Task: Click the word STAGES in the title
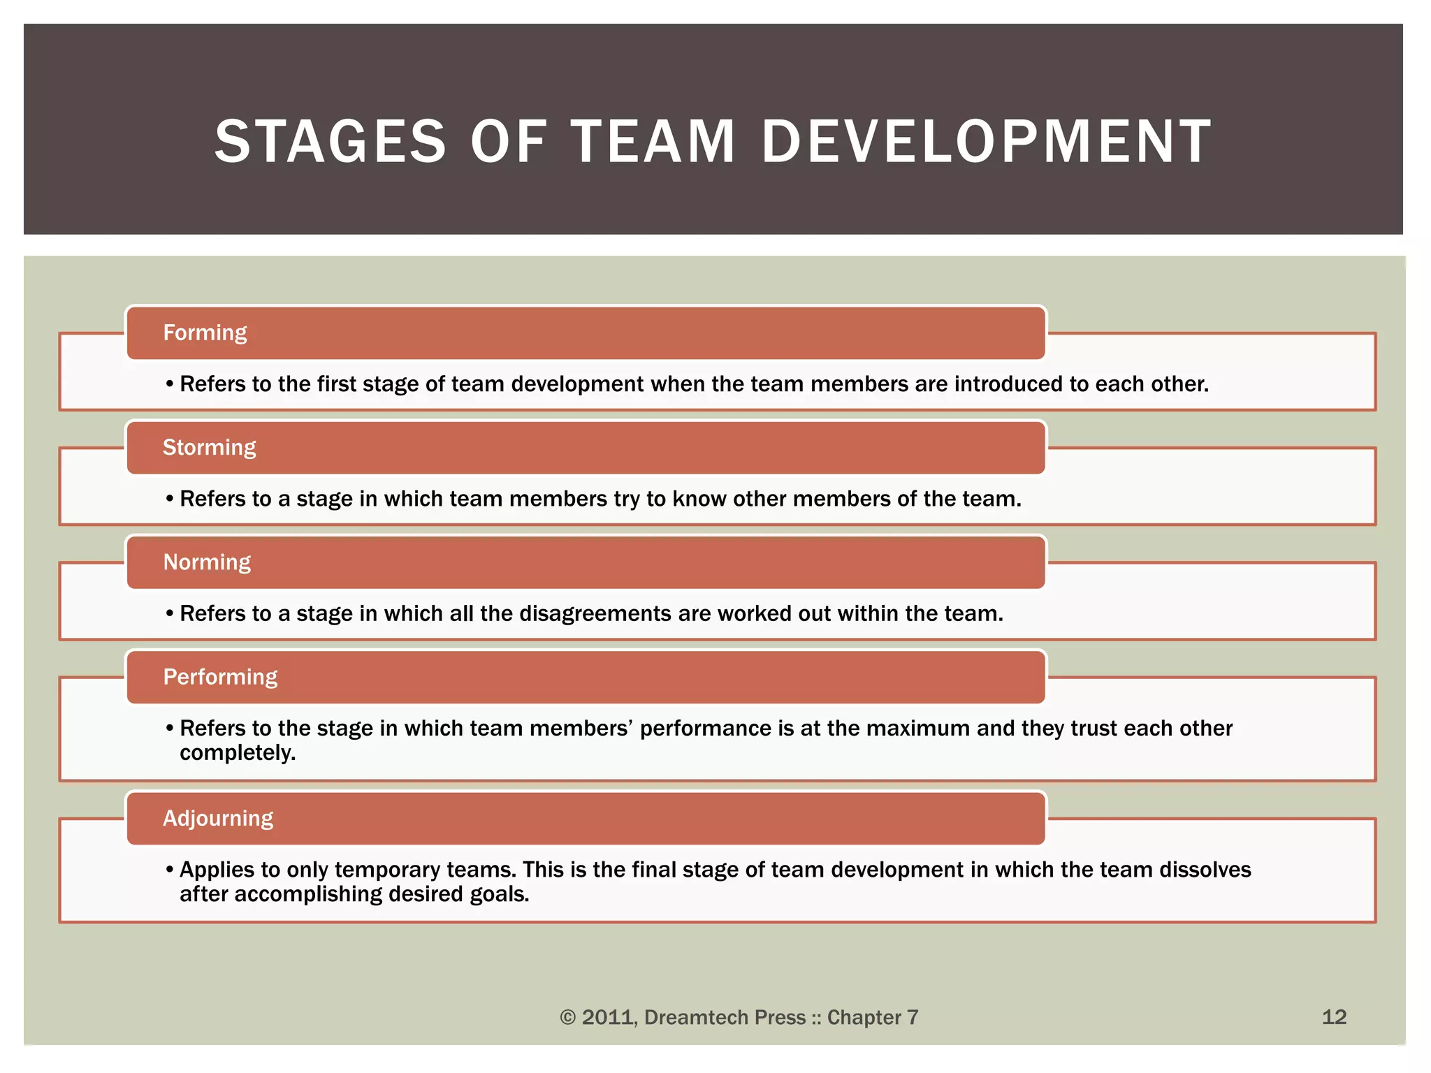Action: (x=330, y=142)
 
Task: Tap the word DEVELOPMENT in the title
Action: (x=986, y=142)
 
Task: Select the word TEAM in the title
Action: (x=653, y=142)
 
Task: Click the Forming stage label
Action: (x=205, y=333)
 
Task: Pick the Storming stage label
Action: (x=209, y=447)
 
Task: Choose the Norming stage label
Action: (x=207, y=562)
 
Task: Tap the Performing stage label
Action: (x=220, y=676)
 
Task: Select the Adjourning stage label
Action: (x=218, y=818)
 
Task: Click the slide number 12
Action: (x=1334, y=1016)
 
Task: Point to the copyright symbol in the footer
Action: (x=567, y=1018)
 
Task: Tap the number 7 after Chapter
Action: (x=912, y=1017)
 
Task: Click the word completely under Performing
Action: (x=238, y=753)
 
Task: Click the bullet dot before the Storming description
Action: (x=170, y=499)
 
